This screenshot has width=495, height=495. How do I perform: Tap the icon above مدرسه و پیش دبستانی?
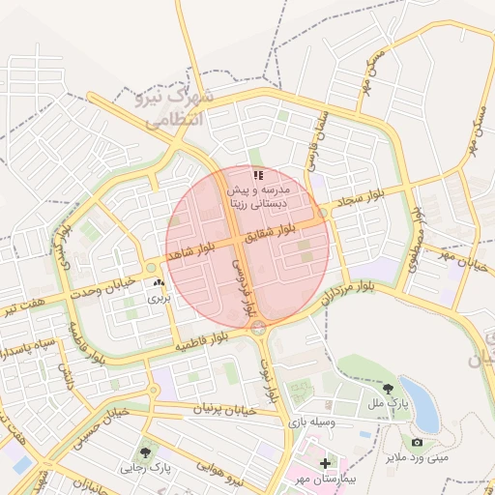tap(257, 175)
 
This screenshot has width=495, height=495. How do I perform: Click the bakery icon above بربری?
tap(159, 282)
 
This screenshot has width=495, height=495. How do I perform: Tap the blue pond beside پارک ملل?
tap(425, 411)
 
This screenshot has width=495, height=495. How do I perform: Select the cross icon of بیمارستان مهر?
tap(325, 463)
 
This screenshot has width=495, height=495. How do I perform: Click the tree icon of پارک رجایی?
tap(145, 451)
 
